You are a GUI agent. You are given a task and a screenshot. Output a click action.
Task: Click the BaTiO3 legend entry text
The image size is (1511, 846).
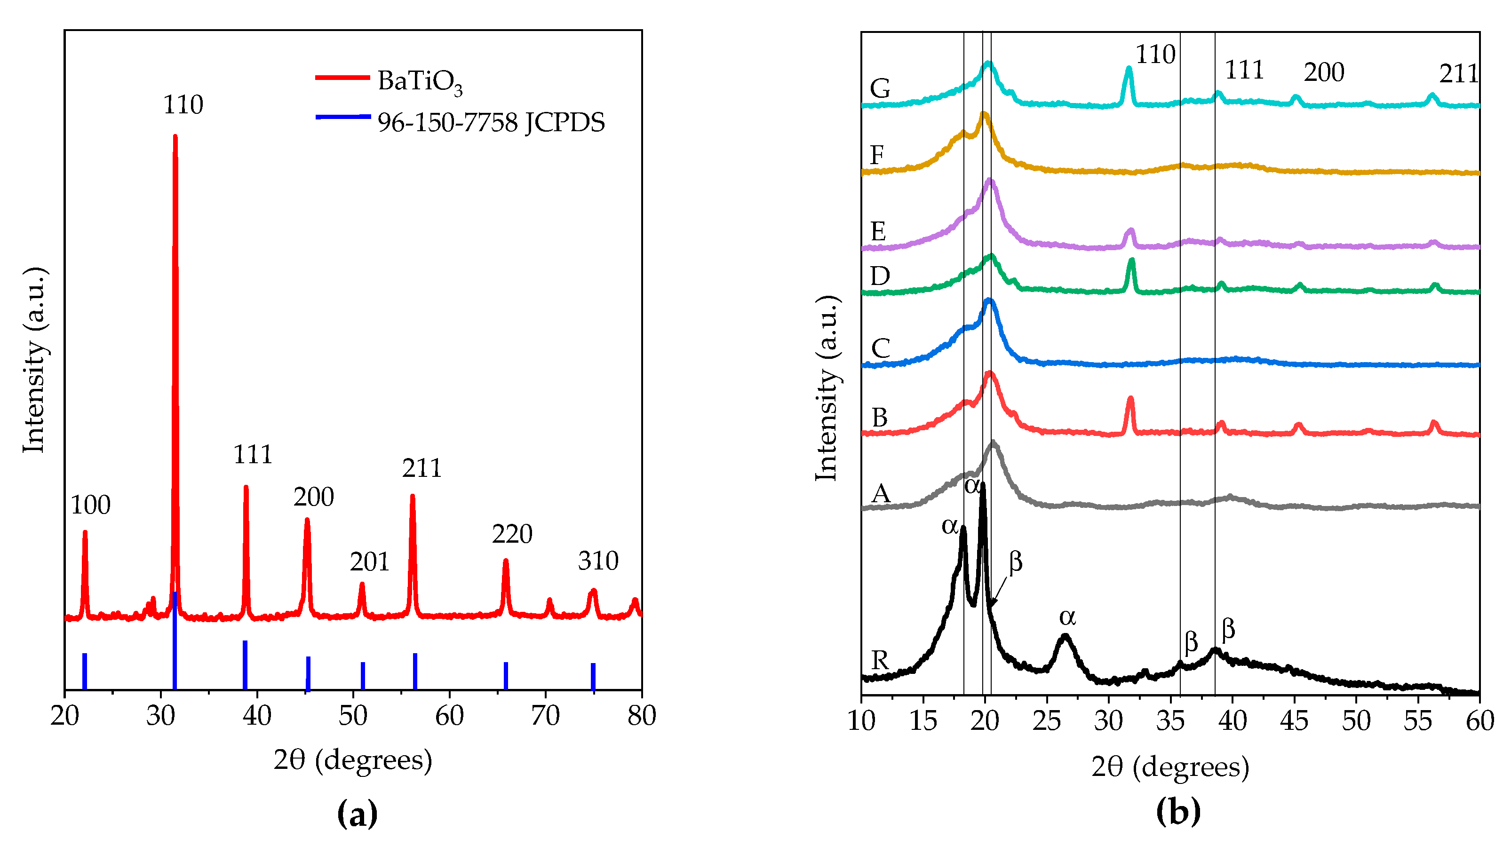(420, 81)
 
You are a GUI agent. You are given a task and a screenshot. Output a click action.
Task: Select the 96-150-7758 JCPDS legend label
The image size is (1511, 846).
(490, 123)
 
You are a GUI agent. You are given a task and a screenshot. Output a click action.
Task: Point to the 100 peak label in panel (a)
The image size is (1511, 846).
(90, 506)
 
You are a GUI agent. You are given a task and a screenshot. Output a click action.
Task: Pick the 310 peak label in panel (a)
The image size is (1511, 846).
(598, 561)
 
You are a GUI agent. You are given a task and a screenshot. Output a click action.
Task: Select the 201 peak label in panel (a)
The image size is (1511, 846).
(370, 562)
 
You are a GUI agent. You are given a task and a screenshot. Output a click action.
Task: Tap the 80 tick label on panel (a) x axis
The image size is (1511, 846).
(641, 716)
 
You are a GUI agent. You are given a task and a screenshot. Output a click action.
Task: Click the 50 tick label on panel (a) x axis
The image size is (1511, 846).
(352, 716)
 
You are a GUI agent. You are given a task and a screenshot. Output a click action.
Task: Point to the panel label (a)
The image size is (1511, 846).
(357, 813)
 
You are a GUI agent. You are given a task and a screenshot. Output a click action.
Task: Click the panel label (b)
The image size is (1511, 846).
(1178, 811)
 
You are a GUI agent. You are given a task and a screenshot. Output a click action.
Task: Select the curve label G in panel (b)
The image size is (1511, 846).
(880, 89)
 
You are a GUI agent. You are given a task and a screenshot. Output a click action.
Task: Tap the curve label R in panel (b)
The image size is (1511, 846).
(880, 661)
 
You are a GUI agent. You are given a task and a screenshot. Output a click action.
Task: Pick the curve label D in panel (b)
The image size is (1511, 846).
(880, 276)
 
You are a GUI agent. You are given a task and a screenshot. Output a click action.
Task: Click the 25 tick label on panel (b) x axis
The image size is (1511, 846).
(1046, 721)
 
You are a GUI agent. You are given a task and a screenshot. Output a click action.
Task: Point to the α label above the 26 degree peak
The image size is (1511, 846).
(1067, 617)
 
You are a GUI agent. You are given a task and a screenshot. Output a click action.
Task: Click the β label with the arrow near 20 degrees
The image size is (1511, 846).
(1015, 561)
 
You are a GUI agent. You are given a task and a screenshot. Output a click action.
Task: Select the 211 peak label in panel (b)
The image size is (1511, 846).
(1458, 74)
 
